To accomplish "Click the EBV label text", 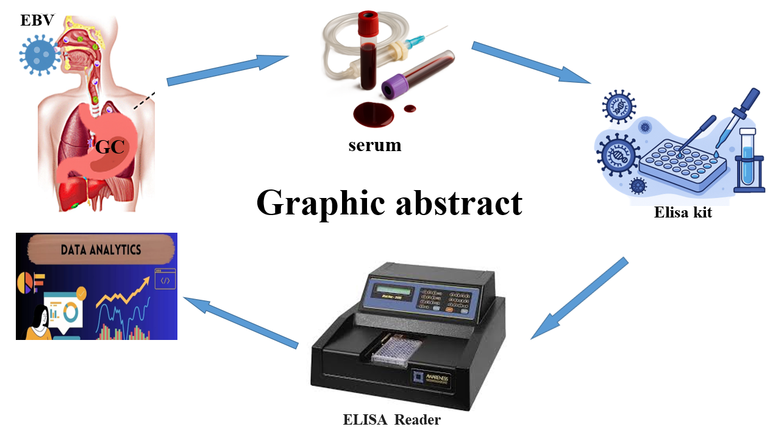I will point(37,20).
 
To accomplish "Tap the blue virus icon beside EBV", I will point(40,55).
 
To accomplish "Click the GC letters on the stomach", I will point(110,146).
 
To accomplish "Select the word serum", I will point(375,146).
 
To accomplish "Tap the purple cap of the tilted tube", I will point(390,87).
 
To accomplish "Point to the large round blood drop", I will point(374,113).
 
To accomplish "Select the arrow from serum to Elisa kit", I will point(530,62).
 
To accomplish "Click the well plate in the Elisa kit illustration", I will point(683,161).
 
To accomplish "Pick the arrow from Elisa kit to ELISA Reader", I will point(579,299).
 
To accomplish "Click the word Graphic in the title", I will point(321,203).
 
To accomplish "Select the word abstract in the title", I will point(460,203).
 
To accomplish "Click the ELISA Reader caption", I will point(391,420).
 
